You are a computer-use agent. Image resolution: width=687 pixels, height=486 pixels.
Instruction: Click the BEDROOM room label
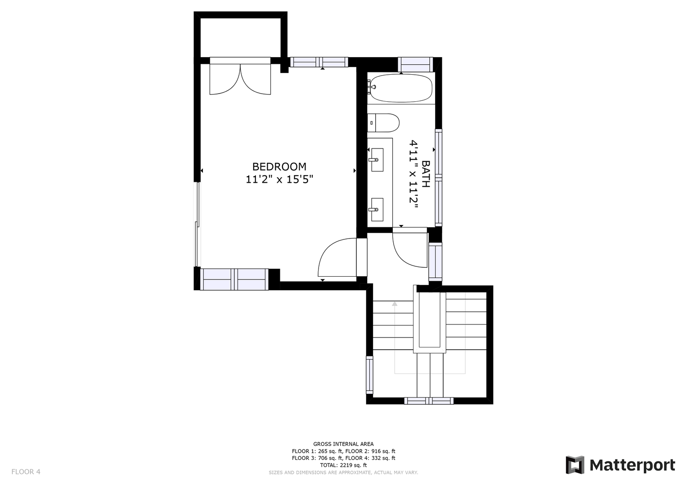[279, 166]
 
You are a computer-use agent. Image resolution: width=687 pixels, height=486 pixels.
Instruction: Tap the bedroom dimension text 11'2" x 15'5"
[279, 179]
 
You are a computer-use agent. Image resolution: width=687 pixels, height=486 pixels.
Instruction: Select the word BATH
[426, 174]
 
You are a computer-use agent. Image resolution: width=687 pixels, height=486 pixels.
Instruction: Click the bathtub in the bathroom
[401, 88]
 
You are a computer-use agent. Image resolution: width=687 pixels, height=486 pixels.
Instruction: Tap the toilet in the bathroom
[383, 123]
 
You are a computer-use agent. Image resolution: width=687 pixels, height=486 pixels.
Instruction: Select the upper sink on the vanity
[377, 160]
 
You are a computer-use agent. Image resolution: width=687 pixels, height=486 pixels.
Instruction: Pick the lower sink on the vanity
[377, 210]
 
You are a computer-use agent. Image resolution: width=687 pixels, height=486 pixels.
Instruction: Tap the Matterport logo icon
[575, 465]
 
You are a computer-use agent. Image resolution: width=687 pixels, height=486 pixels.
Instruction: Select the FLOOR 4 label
[26, 472]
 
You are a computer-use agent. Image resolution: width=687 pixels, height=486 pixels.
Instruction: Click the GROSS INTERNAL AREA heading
[343, 444]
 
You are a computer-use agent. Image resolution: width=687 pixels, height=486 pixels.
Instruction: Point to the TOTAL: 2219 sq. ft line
[343, 465]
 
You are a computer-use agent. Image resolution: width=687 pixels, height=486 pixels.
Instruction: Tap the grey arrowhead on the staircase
[395, 304]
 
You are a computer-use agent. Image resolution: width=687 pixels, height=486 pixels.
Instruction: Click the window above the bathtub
[415, 65]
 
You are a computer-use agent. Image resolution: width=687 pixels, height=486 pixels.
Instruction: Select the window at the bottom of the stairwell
[429, 400]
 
